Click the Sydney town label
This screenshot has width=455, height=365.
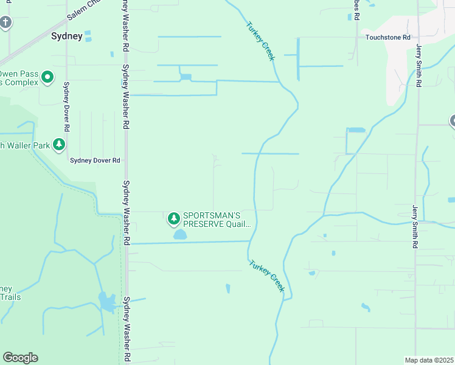coord(67,36)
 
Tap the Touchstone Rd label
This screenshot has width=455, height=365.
coord(388,37)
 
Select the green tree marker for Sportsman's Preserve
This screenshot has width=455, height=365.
coord(174,218)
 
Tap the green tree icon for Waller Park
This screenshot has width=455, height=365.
coord(59,144)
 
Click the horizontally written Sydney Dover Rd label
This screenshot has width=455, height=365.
coord(95,161)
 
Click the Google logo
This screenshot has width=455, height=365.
coord(20,358)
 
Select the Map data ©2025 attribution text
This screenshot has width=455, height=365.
coord(429,360)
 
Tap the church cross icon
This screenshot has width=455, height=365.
coord(6,23)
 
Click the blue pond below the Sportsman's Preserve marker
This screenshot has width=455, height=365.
coord(180,234)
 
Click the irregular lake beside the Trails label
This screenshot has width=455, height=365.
coord(106,302)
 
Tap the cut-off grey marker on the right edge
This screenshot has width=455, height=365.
coord(452,120)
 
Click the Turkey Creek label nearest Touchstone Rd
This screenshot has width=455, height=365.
coord(261,41)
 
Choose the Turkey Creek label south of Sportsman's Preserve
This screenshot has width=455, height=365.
coord(266,274)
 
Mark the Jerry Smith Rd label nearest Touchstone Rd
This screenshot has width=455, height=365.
coord(419,64)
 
